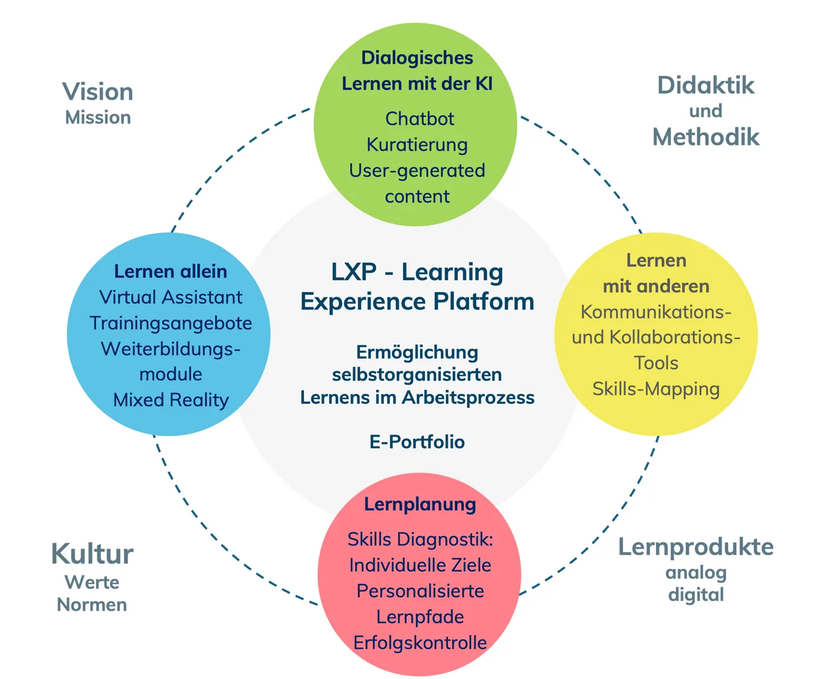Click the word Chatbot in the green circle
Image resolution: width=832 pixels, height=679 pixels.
tap(419, 119)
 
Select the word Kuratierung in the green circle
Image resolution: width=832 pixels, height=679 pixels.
tap(417, 145)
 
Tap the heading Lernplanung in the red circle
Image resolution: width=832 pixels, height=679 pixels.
tap(420, 504)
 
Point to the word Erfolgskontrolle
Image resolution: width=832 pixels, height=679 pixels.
tap(420, 643)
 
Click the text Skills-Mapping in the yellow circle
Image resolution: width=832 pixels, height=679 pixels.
tap(656, 389)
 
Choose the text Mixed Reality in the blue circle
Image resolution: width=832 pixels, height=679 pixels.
tap(171, 400)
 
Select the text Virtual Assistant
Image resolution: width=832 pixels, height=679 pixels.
tap(171, 297)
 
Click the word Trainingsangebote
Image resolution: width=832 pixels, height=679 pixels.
tap(171, 323)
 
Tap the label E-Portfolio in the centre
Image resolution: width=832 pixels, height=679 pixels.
tap(417, 442)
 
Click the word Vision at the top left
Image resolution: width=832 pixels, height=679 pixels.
tap(98, 92)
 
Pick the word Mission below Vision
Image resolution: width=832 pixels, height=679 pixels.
tap(98, 118)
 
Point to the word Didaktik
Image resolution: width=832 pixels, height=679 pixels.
tap(706, 85)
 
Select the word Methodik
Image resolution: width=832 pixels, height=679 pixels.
tap(706, 137)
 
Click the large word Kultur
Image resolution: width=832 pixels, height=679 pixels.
tap(92, 554)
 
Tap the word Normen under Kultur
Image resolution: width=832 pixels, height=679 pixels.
tap(92, 605)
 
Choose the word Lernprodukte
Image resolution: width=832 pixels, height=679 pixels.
tap(696, 547)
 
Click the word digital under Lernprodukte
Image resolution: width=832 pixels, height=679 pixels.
tap(696, 595)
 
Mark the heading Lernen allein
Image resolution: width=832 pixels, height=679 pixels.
tap(171, 272)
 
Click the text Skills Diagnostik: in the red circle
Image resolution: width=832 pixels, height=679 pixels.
tap(420, 540)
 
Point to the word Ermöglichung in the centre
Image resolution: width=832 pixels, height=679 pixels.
tap(417, 353)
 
